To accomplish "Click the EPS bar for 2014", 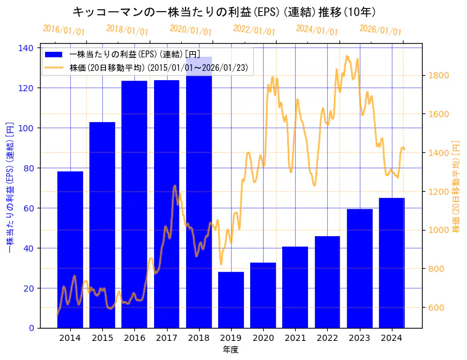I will (70, 249).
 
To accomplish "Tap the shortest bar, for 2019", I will (231, 300).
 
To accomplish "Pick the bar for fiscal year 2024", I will (392, 263).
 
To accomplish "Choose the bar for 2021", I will (295, 287).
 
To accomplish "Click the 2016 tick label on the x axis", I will (134, 338).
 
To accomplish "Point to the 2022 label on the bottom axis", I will (327, 338).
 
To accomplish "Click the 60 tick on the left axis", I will (29, 208).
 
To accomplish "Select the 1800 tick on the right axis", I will (438, 76).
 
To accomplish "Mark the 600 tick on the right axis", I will (436, 308).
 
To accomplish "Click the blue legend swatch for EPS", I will (54, 55).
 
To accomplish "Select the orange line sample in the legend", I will (54, 68).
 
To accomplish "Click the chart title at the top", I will (224, 12).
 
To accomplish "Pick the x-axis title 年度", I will (230, 350).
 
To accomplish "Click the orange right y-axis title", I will (457, 186).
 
